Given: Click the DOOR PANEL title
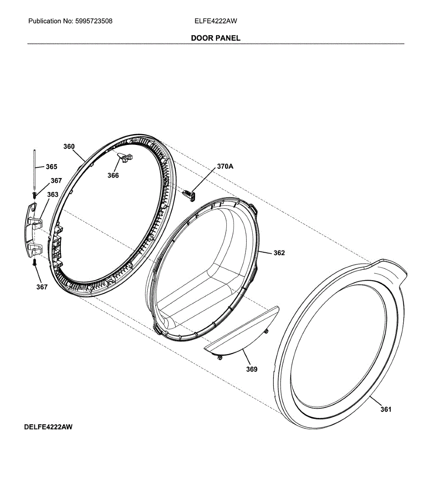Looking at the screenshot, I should [216, 38].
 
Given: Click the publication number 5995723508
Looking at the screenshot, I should [94, 21].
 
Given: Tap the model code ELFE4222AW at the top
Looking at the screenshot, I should [216, 21].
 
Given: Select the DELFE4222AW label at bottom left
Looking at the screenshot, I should [48, 427].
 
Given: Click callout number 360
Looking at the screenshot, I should [69, 146].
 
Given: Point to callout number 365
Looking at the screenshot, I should [51, 167].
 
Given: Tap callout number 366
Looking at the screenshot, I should [113, 175].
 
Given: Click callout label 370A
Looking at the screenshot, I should [225, 166].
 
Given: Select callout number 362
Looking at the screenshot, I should [279, 253].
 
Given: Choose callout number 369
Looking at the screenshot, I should [252, 369].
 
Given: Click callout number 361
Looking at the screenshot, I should [386, 409].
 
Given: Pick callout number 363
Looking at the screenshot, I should [53, 194].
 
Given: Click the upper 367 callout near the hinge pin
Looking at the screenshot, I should [56, 181].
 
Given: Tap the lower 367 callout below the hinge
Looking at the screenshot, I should [42, 287].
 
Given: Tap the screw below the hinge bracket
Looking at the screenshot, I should [34, 262].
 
